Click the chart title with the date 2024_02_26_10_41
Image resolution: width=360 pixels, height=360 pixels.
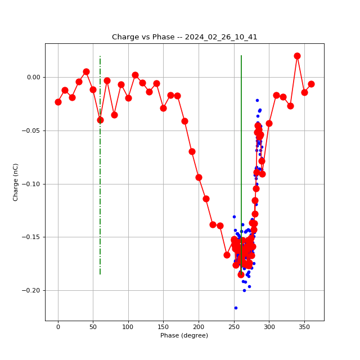[x=184, y=37]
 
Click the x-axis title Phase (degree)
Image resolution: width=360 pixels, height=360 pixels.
[x=184, y=335]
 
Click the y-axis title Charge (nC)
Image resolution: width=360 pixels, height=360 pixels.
[x=16, y=182]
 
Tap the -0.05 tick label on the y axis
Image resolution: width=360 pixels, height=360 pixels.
[x=33, y=130]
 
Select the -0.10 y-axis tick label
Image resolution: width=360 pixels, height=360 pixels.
[x=33, y=184]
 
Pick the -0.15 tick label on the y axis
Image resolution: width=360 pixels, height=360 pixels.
[x=33, y=237]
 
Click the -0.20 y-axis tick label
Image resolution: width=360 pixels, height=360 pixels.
[x=33, y=290]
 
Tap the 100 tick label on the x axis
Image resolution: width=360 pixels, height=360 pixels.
[x=128, y=326]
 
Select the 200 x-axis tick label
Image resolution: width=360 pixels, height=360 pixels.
[x=199, y=326]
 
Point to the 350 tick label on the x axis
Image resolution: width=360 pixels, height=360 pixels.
[x=304, y=326]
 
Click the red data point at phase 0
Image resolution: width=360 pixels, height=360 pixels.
[x=58, y=102]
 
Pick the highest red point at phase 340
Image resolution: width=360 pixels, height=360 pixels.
[x=297, y=56]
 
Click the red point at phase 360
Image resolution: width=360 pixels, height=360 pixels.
[x=311, y=84]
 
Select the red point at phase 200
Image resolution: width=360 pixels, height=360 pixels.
[x=199, y=177]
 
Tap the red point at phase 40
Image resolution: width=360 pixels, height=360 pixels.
[x=86, y=71]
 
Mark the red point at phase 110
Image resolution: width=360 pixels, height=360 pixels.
[x=135, y=75]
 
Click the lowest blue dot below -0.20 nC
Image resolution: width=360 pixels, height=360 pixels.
[x=236, y=308]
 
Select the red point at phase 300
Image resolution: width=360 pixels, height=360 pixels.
[x=269, y=123]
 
